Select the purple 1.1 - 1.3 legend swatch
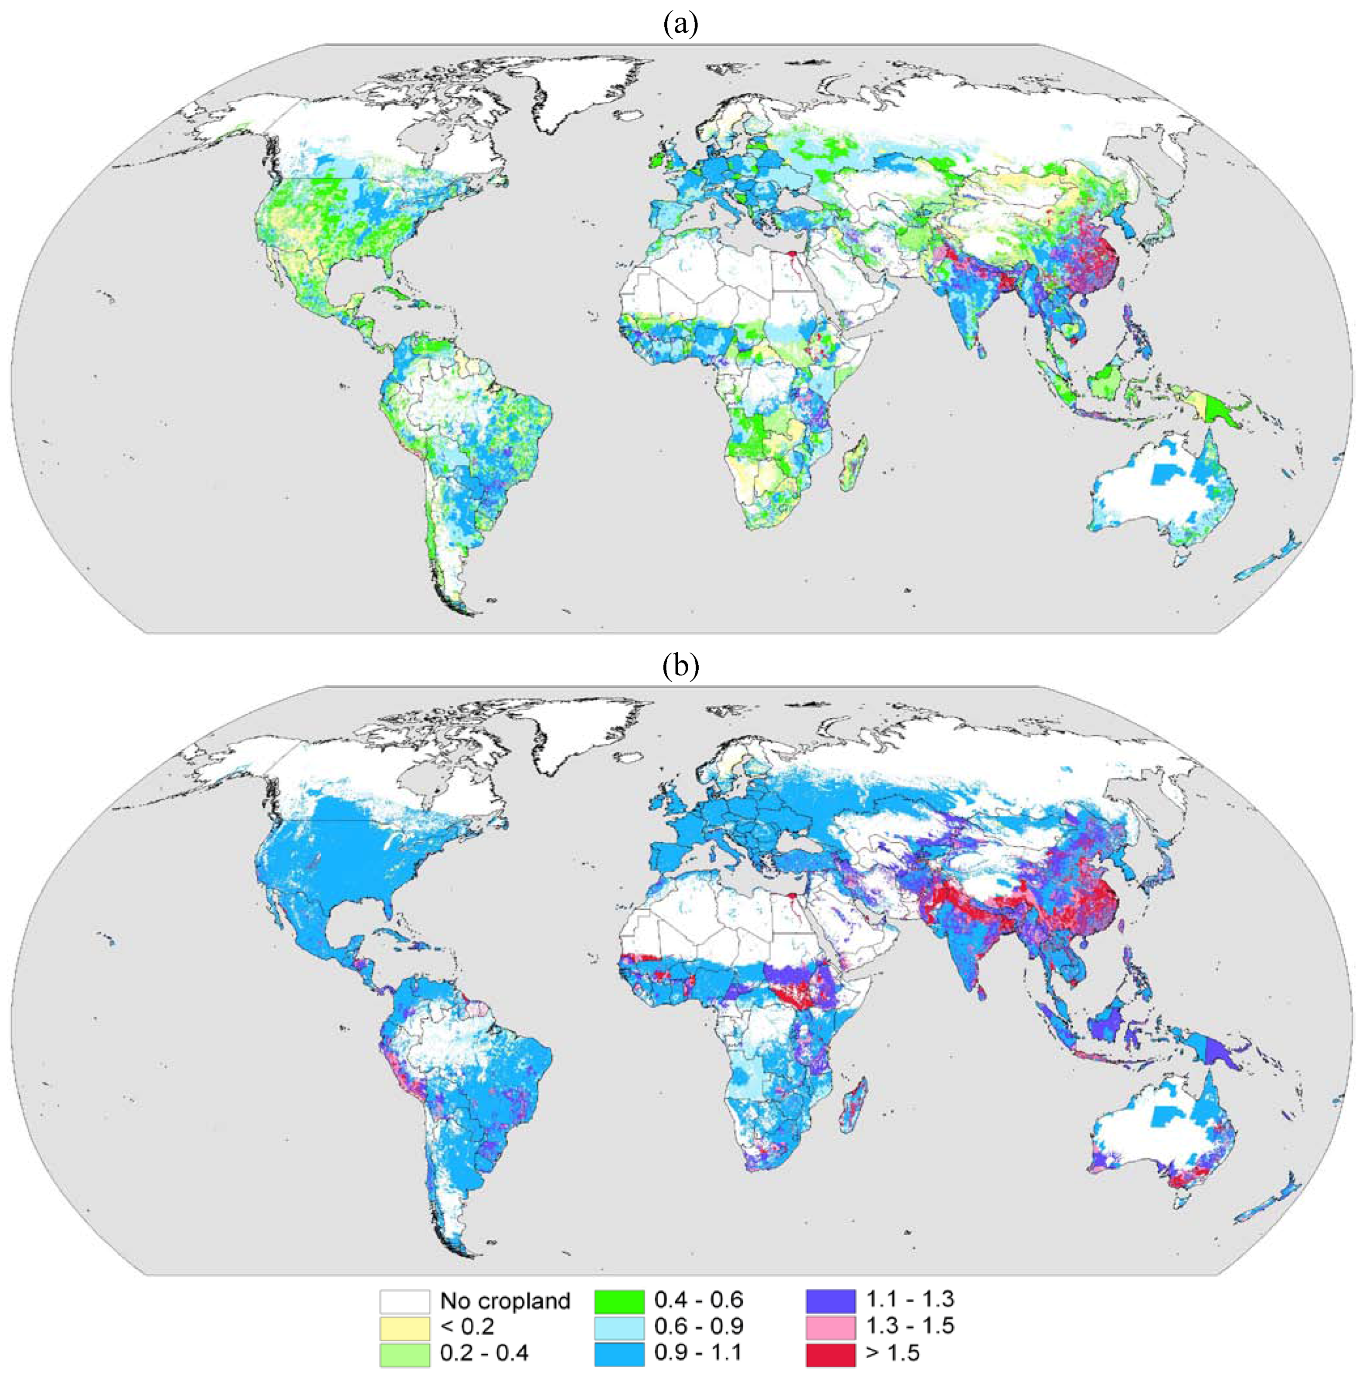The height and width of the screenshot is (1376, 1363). point(830,1301)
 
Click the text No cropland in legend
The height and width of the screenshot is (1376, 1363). point(505,1301)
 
